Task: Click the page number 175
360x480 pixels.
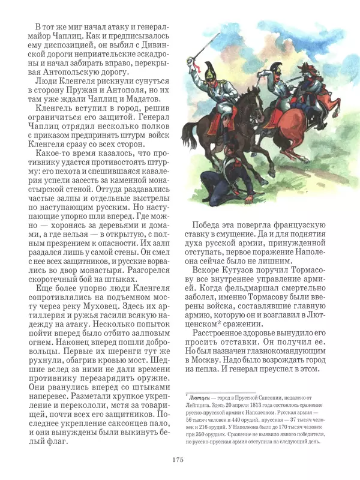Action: coord(176,460)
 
